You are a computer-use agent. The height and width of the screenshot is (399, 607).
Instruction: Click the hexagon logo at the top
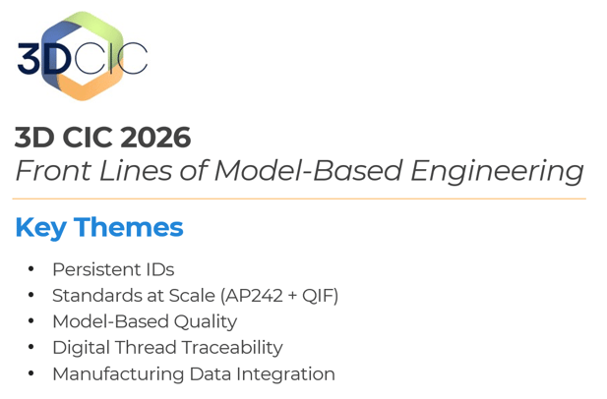(x=83, y=56)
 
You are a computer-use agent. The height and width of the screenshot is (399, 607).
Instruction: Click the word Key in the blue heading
(x=40, y=228)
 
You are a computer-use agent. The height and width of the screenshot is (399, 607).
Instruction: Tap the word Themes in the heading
(x=128, y=228)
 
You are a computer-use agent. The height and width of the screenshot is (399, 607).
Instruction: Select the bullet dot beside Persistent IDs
(x=30, y=269)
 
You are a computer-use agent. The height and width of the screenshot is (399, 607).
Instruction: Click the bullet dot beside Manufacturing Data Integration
(x=30, y=374)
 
